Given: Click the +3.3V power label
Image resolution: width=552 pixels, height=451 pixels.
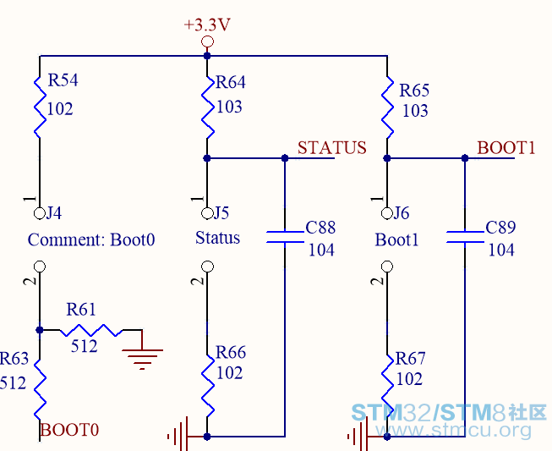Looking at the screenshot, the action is click(207, 25).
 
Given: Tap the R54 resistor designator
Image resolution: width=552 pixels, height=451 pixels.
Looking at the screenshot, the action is click(63, 80).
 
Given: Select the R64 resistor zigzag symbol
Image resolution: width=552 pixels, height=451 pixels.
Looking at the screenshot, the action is click(207, 107).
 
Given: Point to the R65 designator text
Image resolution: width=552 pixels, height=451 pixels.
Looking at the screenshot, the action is click(414, 91).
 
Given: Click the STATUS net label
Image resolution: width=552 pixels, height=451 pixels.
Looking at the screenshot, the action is click(332, 147).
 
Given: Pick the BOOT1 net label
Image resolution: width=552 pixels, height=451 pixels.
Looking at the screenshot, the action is click(506, 147).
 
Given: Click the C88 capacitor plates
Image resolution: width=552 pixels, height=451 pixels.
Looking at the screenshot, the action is click(285, 237).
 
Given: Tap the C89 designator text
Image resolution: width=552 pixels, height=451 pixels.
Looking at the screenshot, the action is click(500, 228).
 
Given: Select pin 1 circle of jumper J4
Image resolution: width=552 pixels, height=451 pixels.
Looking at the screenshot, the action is click(40, 213).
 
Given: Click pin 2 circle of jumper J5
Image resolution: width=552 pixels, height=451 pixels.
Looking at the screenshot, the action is click(207, 267).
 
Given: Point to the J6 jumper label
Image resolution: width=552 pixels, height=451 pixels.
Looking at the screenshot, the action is click(401, 213).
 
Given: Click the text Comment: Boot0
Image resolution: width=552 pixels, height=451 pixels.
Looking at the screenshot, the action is click(91, 240).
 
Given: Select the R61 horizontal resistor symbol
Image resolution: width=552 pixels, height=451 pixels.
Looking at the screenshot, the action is click(90, 330).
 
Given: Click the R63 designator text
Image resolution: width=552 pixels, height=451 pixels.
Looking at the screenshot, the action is click(14, 359).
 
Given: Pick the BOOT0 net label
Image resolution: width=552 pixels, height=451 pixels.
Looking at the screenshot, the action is click(69, 430).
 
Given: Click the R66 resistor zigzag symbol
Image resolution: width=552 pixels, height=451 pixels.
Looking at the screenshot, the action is click(207, 386).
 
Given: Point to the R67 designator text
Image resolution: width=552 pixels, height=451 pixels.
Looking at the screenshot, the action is click(411, 359).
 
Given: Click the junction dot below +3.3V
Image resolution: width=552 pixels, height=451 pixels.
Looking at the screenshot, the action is click(207, 56).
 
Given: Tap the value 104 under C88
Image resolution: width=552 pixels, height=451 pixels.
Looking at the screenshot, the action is click(321, 250).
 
